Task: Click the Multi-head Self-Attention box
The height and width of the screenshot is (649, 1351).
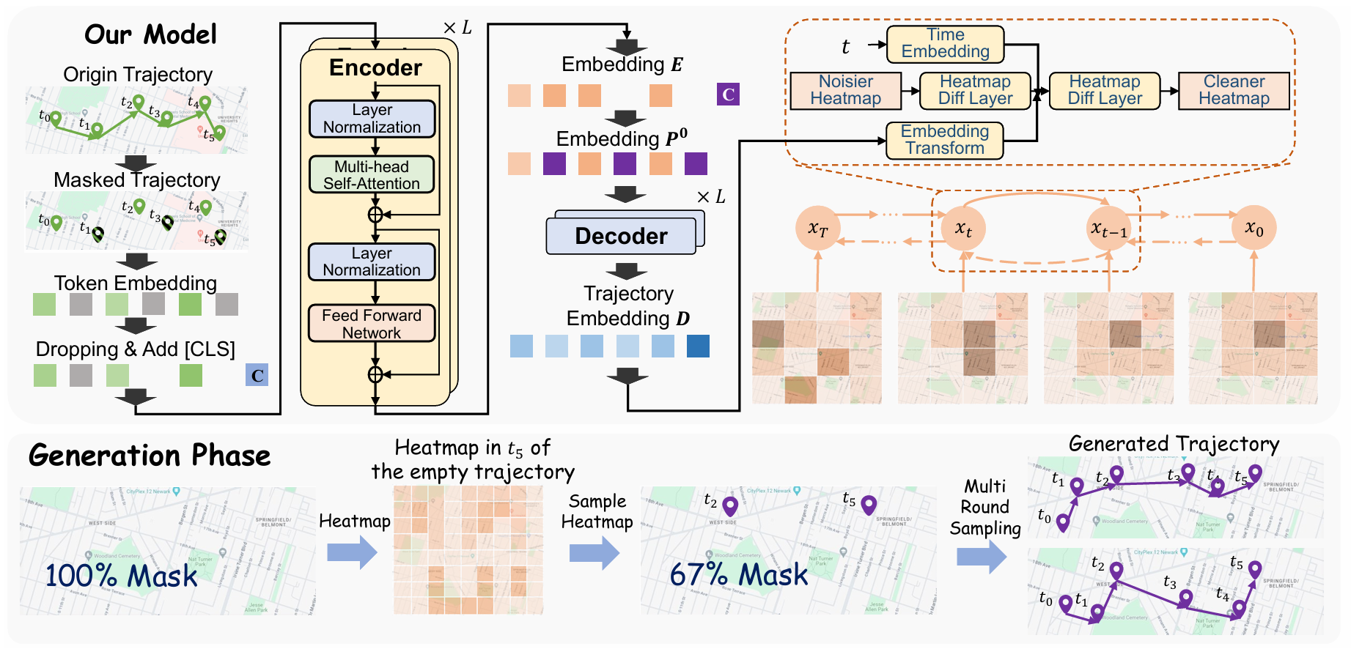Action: click(372, 175)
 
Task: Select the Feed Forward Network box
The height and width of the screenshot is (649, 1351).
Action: click(372, 324)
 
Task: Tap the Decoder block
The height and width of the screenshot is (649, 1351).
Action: click(621, 236)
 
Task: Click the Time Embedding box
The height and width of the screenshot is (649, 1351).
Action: click(945, 43)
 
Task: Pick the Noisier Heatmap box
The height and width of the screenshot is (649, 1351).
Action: click(845, 90)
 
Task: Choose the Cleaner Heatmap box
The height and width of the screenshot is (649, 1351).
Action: click(1234, 90)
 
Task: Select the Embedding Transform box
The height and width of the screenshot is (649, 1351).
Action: click(944, 139)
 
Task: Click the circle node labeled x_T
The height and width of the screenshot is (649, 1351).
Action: click(817, 229)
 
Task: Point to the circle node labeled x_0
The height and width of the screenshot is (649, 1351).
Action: click(1254, 229)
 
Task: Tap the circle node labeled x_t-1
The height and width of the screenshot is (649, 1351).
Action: click(1108, 229)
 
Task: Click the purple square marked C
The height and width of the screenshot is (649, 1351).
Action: click(728, 94)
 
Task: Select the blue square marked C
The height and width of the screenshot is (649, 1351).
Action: click(257, 375)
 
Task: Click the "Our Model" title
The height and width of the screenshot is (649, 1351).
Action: click(150, 34)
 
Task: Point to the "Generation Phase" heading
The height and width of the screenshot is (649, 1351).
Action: click(150, 456)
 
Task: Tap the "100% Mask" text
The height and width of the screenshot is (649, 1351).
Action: click(121, 576)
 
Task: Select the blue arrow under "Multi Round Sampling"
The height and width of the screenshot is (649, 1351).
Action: click(982, 557)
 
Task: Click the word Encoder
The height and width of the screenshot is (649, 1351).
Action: click(375, 67)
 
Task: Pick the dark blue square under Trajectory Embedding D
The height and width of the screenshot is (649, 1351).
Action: click(698, 346)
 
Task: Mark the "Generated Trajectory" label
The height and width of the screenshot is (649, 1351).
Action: click(1174, 444)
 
